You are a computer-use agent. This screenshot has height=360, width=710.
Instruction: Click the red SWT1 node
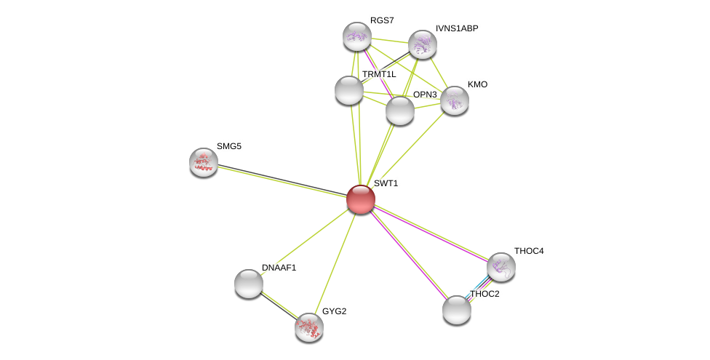tap(360, 199)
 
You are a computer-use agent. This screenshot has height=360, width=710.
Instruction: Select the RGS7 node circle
tap(357, 36)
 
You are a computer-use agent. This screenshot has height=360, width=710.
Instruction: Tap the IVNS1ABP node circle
tap(423, 44)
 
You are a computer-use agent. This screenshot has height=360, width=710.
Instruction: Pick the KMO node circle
tap(455, 100)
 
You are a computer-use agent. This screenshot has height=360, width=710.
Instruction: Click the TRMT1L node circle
tap(349, 90)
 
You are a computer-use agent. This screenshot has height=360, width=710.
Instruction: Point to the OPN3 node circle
tap(400, 111)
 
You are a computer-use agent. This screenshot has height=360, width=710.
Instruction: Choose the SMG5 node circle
tap(204, 162)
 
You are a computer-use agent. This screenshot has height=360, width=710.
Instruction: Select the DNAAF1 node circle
tap(249, 284)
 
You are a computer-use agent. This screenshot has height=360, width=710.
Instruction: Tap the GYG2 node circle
tap(309, 327)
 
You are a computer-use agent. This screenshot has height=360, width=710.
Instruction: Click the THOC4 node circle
tap(501, 267)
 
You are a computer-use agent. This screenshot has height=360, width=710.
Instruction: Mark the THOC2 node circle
tap(457, 310)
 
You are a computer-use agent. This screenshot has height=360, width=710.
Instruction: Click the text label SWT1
tap(386, 183)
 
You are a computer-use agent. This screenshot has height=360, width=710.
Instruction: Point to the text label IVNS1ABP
tap(457, 28)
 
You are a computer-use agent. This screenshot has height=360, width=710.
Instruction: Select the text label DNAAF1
tap(279, 268)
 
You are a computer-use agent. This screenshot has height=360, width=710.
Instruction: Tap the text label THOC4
tap(528, 251)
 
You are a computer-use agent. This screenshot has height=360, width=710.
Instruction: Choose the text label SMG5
tap(228, 146)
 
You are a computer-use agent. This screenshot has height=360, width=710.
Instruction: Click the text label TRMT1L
tap(378, 74)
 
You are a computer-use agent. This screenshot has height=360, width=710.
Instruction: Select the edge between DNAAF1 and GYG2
tap(279, 305)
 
